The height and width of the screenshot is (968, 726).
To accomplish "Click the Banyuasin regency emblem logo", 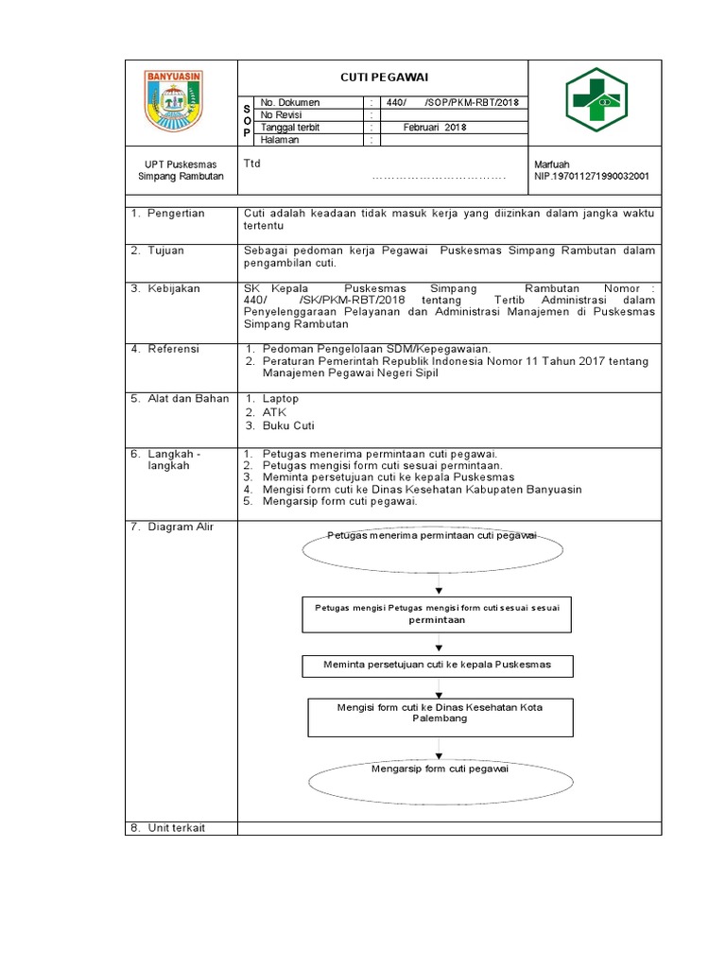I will (180, 102).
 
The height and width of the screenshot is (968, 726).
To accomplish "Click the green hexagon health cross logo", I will (595, 102).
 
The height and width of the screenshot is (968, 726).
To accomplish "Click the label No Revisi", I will (282, 114).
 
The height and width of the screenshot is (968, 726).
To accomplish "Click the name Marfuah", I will (552, 164).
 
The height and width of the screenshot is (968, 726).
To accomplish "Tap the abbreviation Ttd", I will (252, 164).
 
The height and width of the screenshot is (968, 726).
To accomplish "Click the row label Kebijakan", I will (173, 288).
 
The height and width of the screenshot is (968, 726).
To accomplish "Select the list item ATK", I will (273, 412).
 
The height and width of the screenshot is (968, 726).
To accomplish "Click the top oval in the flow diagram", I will (433, 544).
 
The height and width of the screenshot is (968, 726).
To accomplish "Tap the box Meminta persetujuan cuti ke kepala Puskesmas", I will (437, 665).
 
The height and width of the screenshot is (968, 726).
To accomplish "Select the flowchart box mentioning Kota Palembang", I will (440, 716).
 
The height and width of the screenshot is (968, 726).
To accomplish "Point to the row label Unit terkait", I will (176, 828).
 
